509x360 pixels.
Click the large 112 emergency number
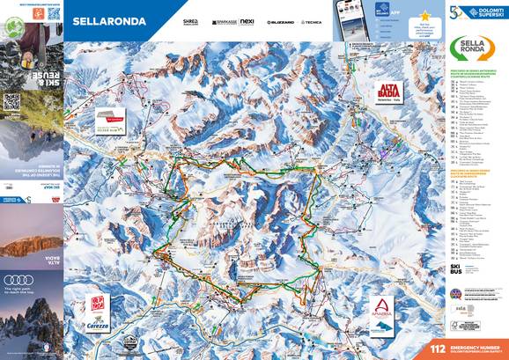pyautogui.click(x=438, y=349)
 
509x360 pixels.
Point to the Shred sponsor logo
pyautogui.click(x=191, y=19)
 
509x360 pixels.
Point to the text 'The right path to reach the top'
pyautogui.click(x=22, y=291)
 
